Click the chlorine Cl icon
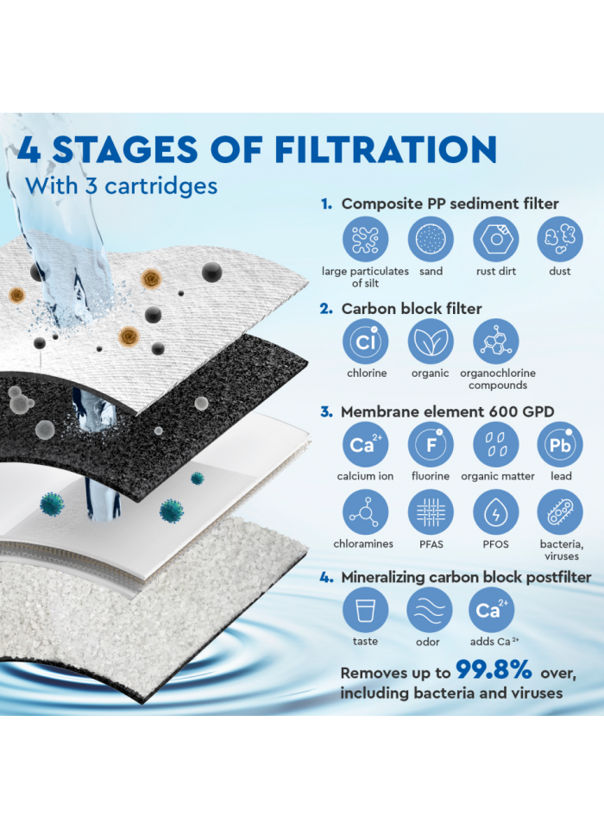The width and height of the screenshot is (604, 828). pos(366,342)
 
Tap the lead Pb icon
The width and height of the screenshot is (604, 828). pos(560,444)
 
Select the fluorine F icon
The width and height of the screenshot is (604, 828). pos(430,444)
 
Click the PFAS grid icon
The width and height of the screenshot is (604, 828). pos(430,512)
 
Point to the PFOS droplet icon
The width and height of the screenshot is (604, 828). pos(495,512)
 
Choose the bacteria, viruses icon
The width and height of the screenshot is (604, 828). pos(560,512)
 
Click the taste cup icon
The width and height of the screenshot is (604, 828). pos(366,611)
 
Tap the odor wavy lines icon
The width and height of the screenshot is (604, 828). pos(429,611)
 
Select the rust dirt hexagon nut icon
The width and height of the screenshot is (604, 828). pos(495,239)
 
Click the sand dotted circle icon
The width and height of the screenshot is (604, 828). pos(430,239)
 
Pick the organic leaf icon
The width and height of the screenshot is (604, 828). pos(430,342)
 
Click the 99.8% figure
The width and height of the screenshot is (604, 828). pos(494,671)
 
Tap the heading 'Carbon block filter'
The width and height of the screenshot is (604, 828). pos(412,308)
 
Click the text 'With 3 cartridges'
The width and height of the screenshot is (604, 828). pos(121,185)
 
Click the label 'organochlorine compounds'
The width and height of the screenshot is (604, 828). pos(498,379)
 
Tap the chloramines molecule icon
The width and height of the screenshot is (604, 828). pos(366,512)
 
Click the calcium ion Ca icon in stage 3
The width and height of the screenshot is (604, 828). pos(366,444)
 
